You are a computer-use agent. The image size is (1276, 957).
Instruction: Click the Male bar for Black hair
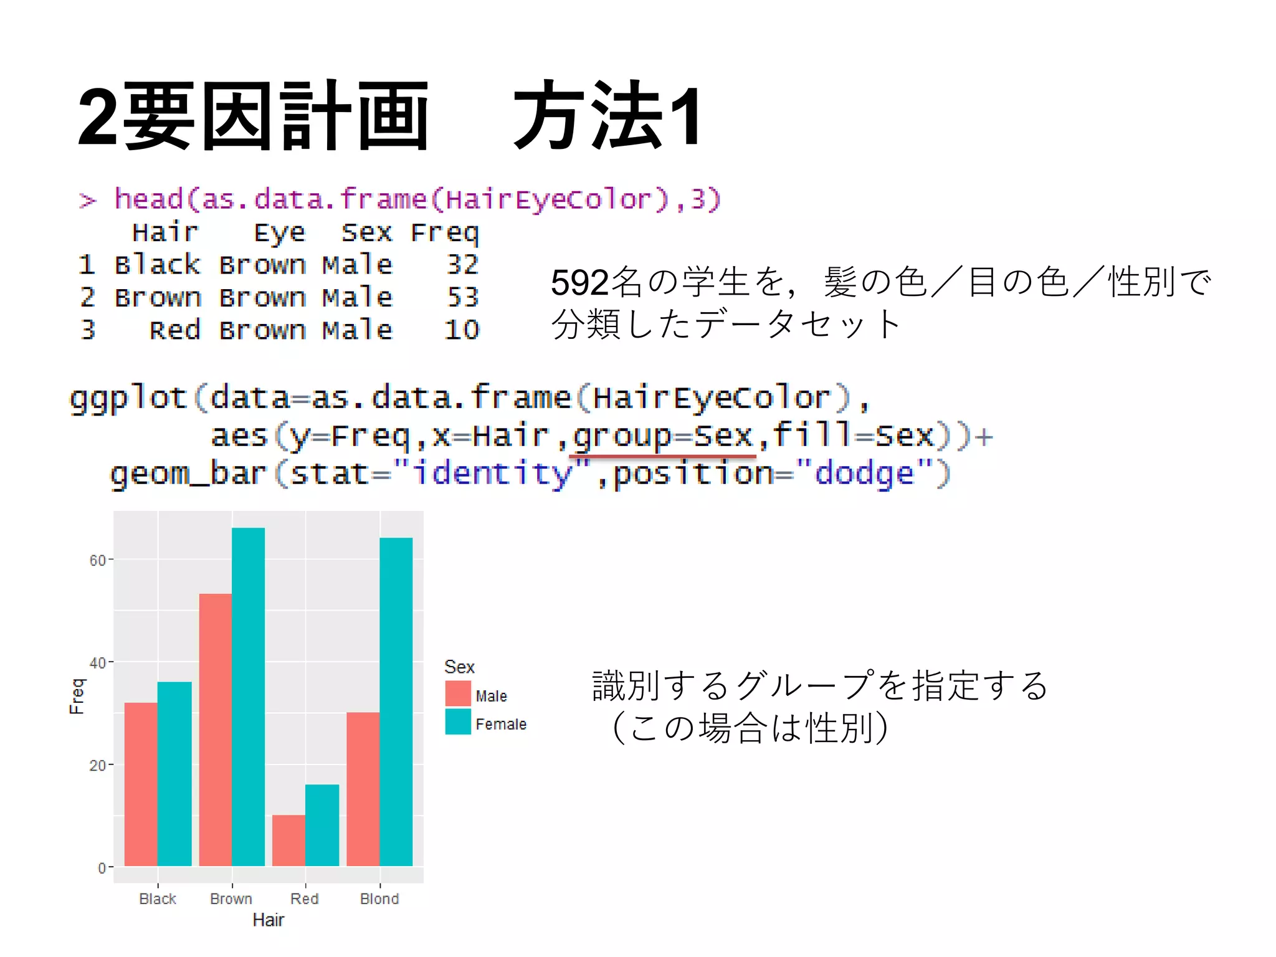[141, 784]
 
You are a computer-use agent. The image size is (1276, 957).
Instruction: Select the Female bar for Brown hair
[248, 697]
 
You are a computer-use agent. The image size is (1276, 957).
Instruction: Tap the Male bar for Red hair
[288, 840]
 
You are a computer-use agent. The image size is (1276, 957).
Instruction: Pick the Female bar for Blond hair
[396, 702]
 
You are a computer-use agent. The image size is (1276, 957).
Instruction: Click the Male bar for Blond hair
[363, 789]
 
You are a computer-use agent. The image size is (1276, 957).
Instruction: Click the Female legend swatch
[458, 722]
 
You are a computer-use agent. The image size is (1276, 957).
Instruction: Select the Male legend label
[491, 696]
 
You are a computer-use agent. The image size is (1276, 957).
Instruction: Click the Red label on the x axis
[305, 898]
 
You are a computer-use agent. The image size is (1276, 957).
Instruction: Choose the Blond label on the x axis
[379, 898]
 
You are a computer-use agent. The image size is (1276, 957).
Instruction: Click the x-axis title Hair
[268, 920]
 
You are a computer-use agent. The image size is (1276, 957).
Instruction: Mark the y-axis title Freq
[77, 696]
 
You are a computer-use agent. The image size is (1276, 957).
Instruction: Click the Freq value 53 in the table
[462, 297]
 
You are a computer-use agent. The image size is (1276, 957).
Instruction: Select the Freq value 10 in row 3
[461, 330]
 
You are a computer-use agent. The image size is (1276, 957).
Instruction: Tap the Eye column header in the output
[279, 233]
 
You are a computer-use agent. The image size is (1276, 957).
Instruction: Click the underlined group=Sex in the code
[662, 435]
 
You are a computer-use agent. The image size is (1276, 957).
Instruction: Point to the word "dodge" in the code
[864, 473]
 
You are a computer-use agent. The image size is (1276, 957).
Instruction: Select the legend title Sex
[459, 667]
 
